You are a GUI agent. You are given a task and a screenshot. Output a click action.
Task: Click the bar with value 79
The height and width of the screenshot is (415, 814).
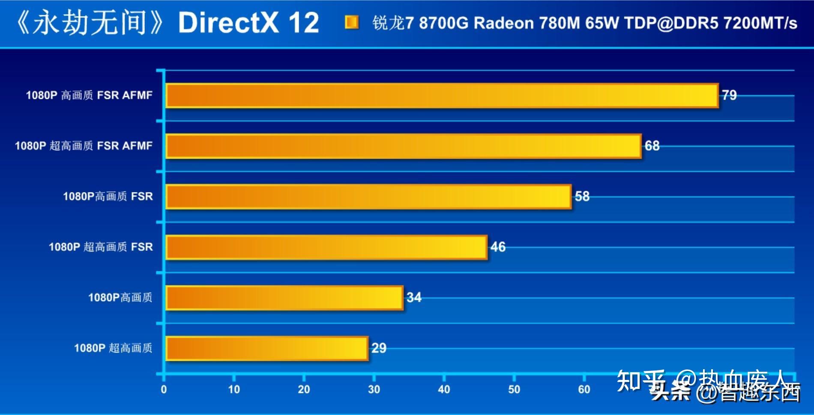pos(441,95)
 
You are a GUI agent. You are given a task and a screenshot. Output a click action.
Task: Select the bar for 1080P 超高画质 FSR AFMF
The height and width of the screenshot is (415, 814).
pos(403,146)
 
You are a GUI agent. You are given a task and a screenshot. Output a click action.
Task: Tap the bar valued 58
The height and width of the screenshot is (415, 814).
pos(368,196)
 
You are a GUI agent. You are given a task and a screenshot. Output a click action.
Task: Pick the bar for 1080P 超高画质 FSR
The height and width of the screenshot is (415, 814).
pos(326,247)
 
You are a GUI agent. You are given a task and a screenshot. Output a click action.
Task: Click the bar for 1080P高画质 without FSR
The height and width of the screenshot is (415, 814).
pos(284,297)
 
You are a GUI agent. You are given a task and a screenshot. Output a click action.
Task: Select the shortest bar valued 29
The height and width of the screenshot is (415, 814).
pos(266,348)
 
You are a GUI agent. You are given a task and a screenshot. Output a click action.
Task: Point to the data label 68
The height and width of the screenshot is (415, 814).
pos(652,146)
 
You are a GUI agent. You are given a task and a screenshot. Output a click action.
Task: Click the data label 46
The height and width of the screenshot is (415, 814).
pos(498,247)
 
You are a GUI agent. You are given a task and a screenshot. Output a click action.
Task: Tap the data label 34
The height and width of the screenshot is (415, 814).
pos(414,297)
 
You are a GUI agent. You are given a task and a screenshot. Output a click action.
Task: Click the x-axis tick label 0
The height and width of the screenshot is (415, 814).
pos(164,389)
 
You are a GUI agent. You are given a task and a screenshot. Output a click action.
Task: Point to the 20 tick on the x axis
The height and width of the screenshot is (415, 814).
pos(304,389)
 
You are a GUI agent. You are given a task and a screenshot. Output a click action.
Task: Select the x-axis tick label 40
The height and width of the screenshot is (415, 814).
pos(444,389)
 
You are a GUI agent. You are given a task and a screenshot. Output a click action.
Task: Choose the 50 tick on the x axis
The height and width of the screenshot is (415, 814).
pos(514,389)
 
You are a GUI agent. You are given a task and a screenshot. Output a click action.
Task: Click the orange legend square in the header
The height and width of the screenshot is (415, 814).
pos(352,22)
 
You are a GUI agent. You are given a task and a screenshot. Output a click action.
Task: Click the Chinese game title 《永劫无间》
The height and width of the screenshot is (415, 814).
pos(90,22)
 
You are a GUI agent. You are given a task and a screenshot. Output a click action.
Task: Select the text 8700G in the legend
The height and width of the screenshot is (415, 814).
pos(444,23)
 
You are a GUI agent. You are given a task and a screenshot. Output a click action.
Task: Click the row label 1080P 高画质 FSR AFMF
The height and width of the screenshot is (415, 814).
pos(89,95)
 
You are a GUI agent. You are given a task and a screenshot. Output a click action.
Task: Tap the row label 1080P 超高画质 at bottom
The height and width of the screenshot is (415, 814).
pos(113,348)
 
